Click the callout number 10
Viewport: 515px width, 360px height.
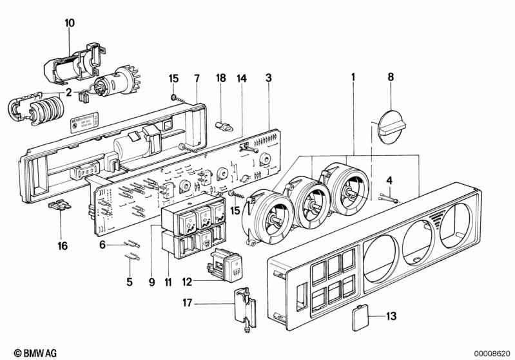(x=70, y=23)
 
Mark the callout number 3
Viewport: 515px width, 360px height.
(x=269, y=78)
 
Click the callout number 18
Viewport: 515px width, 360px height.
(x=220, y=78)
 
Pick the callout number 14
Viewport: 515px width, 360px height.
(x=242, y=78)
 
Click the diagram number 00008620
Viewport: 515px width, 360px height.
(x=492, y=353)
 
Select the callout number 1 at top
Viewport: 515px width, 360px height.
(x=353, y=78)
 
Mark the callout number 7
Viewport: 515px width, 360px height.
(x=197, y=78)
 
